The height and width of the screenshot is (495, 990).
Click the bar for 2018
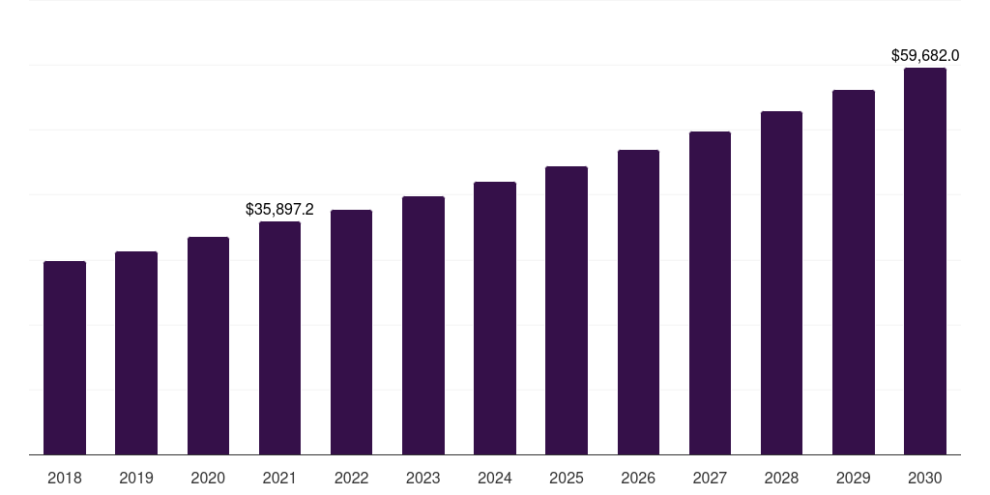point(65,358)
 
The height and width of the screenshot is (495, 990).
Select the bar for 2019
point(136,353)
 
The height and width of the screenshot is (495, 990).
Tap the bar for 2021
point(279,338)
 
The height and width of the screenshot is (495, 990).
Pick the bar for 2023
point(423,326)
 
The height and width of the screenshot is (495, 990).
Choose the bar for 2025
point(567,310)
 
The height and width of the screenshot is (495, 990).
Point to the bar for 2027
point(710,293)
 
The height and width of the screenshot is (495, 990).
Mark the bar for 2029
point(854,273)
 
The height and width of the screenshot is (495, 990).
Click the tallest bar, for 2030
point(925,261)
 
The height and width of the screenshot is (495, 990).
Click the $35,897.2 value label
point(279,209)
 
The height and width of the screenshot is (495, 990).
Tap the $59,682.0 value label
point(925,56)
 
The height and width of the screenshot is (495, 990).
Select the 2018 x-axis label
point(65,478)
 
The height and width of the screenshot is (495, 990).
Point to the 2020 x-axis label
point(208,478)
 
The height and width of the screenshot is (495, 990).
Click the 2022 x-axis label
point(352,478)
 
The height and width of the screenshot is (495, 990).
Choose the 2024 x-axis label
point(495,478)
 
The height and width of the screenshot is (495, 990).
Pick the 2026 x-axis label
point(638,478)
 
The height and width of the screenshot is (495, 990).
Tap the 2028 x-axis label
point(781,478)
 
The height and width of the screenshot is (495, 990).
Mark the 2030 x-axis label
point(925,478)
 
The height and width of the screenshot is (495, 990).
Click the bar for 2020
point(208,346)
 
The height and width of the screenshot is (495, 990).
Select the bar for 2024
point(495,318)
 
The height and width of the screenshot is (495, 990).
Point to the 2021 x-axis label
point(279,478)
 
